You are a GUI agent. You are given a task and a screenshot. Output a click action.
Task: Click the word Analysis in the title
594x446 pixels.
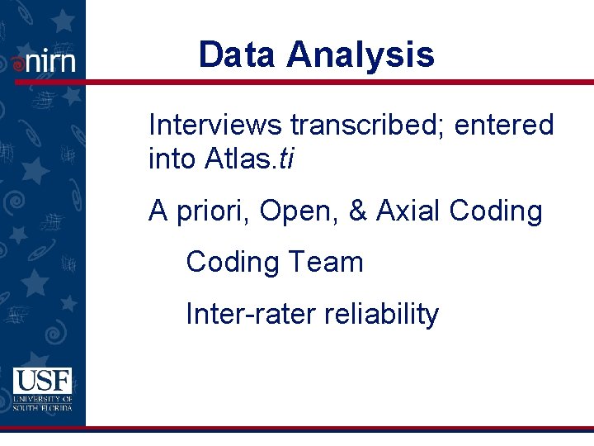coord(360,55)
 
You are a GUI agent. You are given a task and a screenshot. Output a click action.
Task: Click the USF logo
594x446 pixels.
coord(42,389)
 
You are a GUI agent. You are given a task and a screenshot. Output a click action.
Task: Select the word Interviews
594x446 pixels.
coord(216,126)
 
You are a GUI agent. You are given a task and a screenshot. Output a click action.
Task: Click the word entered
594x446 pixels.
coord(505,126)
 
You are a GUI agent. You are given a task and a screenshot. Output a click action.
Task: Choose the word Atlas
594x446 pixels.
coord(233,159)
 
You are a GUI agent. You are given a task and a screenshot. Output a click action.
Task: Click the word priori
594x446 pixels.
coord(212,212)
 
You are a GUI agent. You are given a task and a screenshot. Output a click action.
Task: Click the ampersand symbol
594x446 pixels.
coord(358,212)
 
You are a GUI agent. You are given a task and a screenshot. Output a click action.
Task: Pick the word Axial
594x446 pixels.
coord(408,212)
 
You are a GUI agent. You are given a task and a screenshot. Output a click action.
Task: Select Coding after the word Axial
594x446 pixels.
coord(496,212)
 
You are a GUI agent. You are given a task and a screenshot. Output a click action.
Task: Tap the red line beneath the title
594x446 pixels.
coord(330,82)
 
